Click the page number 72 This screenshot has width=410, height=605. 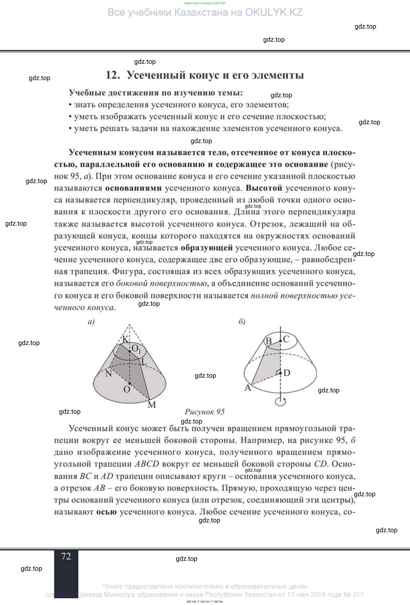(66, 556)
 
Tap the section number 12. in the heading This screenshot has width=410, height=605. (113, 75)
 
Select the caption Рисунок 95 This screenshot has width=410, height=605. (205, 412)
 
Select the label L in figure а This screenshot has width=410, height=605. (144, 362)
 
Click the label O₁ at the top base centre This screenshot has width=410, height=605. (136, 348)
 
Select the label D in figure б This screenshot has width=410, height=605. (287, 373)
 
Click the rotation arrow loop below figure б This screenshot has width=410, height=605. (281, 401)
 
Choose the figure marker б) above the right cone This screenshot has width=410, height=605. (242, 322)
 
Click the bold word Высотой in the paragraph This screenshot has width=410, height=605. (264, 188)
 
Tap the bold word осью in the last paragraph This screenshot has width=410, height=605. (106, 512)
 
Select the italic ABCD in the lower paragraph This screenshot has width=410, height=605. (147, 464)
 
